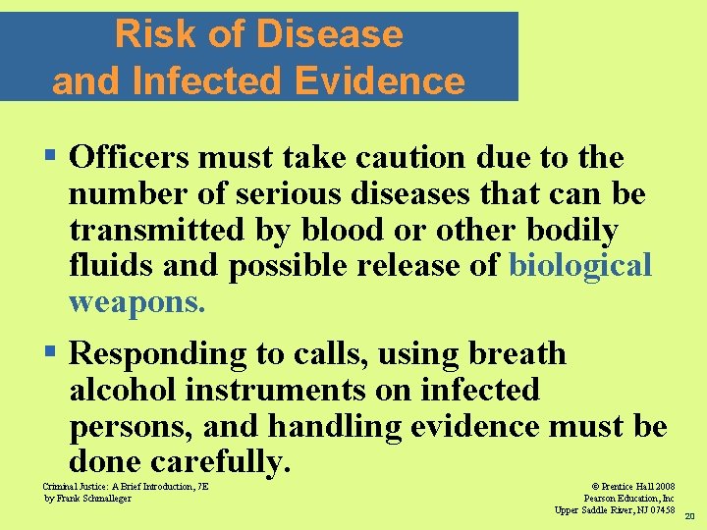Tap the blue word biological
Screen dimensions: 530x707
(x=579, y=266)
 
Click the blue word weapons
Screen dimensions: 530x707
(x=136, y=301)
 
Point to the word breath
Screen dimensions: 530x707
(x=518, y=353)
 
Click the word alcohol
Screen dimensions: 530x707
(x=123, y=390)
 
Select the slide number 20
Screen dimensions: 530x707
(x=689, y=516)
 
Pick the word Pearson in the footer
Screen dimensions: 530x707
(x=602, y=499)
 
